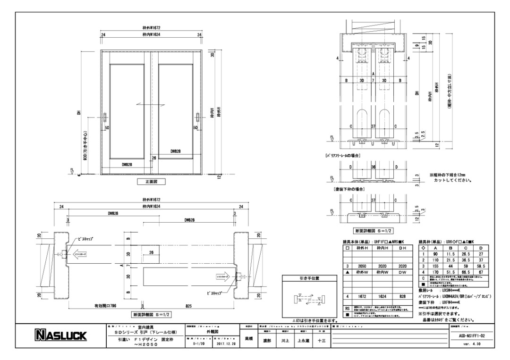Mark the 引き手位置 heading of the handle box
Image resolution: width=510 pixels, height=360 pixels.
tap(310, 279)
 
